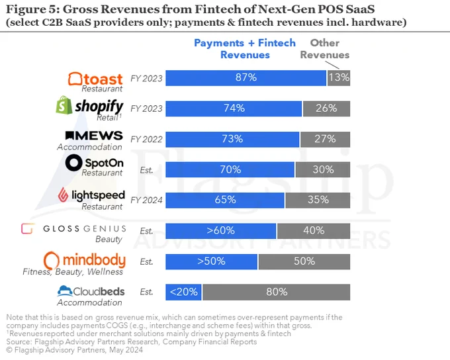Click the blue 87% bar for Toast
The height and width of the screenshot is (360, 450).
(246, 78)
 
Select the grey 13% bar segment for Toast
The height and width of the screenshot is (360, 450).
(339, 78)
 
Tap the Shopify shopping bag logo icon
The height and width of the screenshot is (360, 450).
(64, 105)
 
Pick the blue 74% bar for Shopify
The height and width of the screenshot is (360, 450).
(234, 109)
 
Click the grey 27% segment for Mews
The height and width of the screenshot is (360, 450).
(325, 139)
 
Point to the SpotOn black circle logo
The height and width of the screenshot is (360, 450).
(73, 163)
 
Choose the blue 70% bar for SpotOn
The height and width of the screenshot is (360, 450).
(230, 169)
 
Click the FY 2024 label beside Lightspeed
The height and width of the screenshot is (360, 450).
(146, 200)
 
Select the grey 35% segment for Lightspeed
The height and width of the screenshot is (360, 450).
(318, 200)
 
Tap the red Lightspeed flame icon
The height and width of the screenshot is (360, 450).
(63, 195)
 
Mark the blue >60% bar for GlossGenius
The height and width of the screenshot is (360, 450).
(220, 231)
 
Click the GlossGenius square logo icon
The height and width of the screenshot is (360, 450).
(28, 229)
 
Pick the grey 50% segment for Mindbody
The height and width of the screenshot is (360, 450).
(304, 261)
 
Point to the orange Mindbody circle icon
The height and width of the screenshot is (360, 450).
(52, 261)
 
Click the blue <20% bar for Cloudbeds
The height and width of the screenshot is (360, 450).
(183, 292)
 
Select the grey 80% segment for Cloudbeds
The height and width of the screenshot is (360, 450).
(277, 292)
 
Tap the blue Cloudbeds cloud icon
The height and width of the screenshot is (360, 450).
(65, 291)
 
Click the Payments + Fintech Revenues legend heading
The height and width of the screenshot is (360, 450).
(245, 48)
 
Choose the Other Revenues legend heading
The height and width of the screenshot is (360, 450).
(325, 48)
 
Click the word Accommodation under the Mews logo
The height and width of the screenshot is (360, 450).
(89, 147)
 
